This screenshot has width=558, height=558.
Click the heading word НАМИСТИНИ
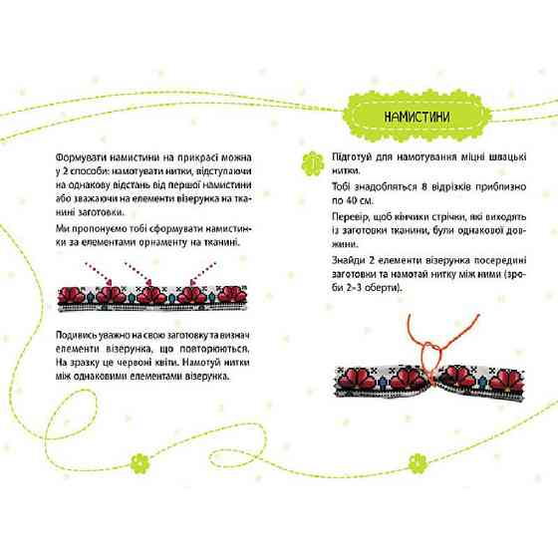click(x=417, y=117)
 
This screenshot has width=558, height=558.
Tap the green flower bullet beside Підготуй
click(x=313, y=164)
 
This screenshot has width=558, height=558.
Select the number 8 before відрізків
click(x=423, y=186)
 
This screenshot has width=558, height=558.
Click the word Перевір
click(x=348, y=217)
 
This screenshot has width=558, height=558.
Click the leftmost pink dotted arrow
click(x=99, y=274)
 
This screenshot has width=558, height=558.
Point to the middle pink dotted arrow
click(x=139, y=274)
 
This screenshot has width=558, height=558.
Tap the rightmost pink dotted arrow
click(x=203, y=273)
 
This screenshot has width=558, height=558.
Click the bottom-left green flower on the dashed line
click(x=139, y=463)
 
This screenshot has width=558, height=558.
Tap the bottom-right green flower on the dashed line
click(x=417, y=463)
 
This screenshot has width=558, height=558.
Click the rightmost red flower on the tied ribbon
click(x=507, y=380)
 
